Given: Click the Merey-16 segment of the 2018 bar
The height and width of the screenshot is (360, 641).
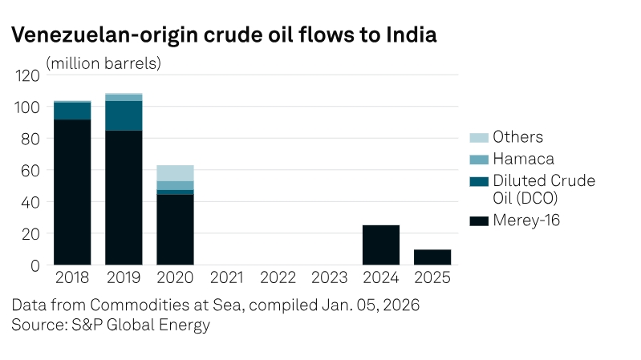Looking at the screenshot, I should point(72,192).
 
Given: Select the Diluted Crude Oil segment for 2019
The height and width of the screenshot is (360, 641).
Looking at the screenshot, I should point(124,115).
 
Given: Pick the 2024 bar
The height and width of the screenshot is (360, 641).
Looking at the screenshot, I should point(381,245).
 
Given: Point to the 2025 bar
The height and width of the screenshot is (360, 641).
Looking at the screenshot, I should point(432,257).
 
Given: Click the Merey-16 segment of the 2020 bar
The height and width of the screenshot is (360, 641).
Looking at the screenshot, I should point(175,230).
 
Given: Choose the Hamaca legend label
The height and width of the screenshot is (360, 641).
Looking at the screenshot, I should point(523,159).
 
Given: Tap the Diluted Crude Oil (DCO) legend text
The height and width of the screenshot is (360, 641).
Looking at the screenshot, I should point(543,189).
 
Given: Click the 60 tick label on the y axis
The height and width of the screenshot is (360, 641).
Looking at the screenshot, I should point(30,170).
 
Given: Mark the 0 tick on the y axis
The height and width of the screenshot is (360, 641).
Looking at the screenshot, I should point(35,265).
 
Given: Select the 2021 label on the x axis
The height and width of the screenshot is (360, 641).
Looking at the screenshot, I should point(226,278).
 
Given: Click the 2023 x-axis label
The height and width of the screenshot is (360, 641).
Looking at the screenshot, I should point(330,278).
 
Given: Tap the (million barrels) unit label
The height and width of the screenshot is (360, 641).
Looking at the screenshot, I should point(103,63).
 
